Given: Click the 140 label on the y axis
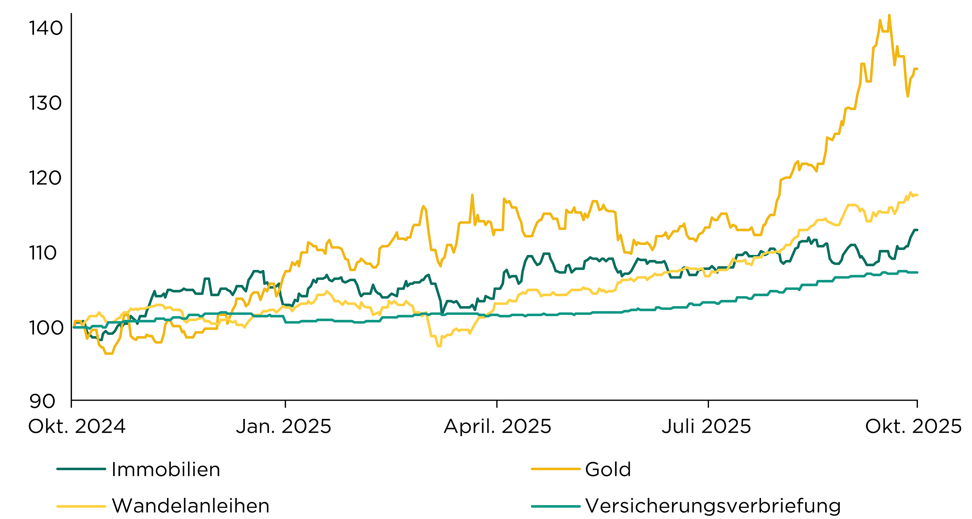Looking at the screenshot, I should click(x=46, y=28).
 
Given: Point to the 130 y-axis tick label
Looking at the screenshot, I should click(x=45, y=103).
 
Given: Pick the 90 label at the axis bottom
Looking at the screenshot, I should click(x=41, y=401).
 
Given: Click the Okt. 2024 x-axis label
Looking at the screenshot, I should click(x=77, y=427).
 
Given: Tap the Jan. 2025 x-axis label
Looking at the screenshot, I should click(x=283, y=427).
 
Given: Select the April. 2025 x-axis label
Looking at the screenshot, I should click(x=497, y=427).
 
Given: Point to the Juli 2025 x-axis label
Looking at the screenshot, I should click(x=706, y=427).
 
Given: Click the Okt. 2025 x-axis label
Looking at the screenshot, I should click(x=913, y=427).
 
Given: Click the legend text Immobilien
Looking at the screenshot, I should click(x=166, y=469).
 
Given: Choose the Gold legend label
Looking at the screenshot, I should click(x=608, y=469).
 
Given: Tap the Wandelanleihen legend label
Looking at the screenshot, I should click(x=191, y=506).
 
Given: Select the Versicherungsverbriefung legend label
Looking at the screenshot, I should click(x=713, y=506).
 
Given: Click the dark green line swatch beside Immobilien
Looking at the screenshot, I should click(x=81, y=469).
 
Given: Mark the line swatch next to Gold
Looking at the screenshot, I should click(x=555, y=469).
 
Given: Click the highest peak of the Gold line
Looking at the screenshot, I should click(x=889, y=16).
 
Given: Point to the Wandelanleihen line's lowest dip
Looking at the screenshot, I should click(x=439, y=345).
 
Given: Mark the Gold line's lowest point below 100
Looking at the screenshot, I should click(x=109, y=353).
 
